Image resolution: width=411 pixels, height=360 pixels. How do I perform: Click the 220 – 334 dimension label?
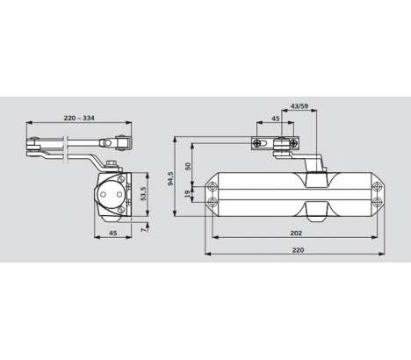pos(79,118)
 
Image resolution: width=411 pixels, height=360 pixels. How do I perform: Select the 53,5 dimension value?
pos(143,193)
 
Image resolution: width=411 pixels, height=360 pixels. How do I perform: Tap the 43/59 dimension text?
pos(299,106)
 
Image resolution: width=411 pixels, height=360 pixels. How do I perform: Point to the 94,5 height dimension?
pos(170,178)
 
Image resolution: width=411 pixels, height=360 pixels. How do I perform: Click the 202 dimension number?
pos(296,233)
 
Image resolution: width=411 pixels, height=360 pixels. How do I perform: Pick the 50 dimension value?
pos(188,166)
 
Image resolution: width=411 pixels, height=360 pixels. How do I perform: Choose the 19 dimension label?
pos(188,194)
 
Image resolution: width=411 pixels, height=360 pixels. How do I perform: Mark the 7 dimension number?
pos(143,230)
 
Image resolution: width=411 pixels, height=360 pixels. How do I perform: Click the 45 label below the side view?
pos(113,233)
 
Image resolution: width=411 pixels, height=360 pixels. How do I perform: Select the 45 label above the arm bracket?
pos(276,119)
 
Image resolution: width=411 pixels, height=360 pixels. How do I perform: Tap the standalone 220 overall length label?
pos(298,250)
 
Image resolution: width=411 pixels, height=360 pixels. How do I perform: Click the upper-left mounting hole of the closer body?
pos(213,186)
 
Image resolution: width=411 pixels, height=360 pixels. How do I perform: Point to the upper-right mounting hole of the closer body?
pos(377,186)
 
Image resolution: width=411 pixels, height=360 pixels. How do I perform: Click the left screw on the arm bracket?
pos(257,143)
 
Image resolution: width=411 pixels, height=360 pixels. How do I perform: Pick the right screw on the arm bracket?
pos(293,143)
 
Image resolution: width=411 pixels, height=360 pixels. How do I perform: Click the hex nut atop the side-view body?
pos(111,164)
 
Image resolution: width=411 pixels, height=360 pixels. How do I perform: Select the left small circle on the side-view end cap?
pos(103,194)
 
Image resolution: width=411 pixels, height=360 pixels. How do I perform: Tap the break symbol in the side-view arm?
pos(66,148)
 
